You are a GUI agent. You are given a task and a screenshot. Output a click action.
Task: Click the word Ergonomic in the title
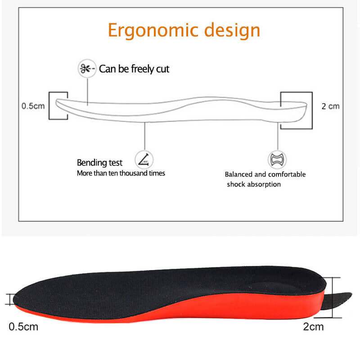[153, 30]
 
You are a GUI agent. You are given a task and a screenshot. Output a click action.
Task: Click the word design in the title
[232, 30]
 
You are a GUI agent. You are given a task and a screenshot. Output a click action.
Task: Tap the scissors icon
[87, 68]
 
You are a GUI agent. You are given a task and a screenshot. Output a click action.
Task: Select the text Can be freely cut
[134, 69]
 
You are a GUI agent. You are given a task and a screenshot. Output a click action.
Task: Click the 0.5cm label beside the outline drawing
[33, 106]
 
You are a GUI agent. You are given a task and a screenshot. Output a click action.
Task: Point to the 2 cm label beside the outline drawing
[330, 106]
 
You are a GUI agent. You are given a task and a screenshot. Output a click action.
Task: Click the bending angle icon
[144, 160]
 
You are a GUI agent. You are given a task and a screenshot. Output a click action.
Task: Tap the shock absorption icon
[277, 159]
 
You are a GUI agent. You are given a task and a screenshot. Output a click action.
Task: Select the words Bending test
[99, 162]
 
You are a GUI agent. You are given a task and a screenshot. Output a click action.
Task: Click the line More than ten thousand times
[121, 173]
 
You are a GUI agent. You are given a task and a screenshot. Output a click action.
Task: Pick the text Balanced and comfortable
[265, 175]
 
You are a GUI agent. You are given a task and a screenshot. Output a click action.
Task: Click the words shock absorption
[254, 184]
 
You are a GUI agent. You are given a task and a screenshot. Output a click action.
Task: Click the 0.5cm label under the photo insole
[23, 327]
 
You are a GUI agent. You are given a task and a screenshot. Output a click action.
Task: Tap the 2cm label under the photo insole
[313, 327]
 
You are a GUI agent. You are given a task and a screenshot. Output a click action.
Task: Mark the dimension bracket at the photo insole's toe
[9, 299]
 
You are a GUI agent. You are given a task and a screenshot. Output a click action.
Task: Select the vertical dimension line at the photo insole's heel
[333, 297]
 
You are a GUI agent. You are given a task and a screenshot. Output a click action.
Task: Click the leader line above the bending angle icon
[144, 136]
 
